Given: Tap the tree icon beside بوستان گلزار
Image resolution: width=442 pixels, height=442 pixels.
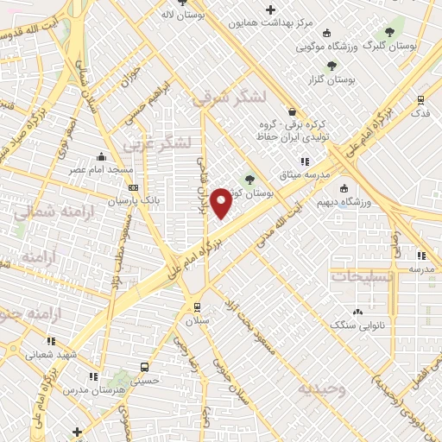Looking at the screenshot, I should click(x=331, y=66).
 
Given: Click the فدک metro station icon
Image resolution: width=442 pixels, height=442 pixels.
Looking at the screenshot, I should click(x=420, y=100).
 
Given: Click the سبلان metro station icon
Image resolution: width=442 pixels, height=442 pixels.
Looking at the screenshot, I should click(x=197, y=306).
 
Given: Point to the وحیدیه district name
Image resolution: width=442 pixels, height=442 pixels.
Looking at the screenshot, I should click(x=321, y=389).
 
